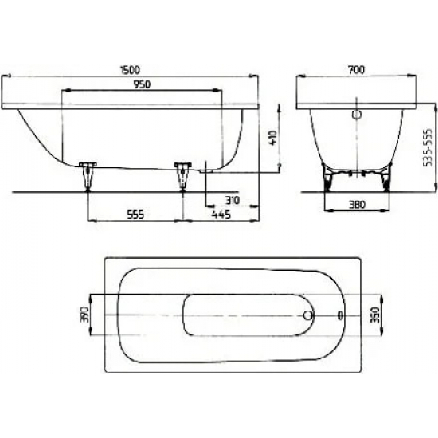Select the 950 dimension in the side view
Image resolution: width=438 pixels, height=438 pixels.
pyautogui.click(x=143, y=84)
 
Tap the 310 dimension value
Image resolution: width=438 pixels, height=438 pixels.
pyautogui.click(x=232, y=199)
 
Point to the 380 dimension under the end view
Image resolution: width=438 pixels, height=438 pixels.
pyautogui.click(x=357, y=203)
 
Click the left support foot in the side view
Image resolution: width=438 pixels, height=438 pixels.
pyautogui.click(x=87, y=175)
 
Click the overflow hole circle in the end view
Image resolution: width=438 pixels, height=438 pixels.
pyautogui.click(x=357, y=116)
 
